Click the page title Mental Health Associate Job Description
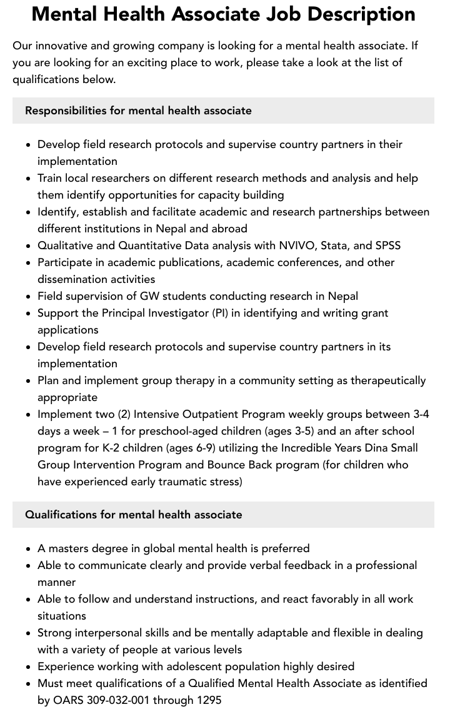pos(223,14)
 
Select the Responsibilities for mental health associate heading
pos(138,111)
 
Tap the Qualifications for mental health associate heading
pos(133,515)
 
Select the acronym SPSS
pos(387,245)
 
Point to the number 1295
pos(209,700)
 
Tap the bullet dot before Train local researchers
pos(29,178)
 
